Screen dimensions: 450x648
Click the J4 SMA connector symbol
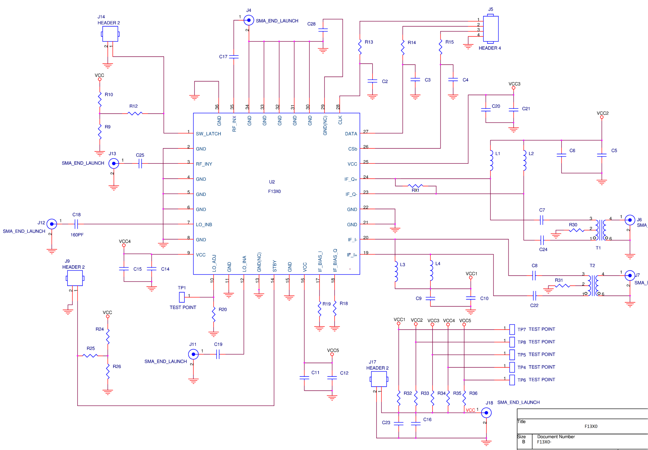click(249, 20)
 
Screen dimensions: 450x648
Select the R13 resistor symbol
click(360, 47)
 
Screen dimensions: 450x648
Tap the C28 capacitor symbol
click(323, 30)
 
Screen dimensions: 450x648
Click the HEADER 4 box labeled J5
click(490, 29)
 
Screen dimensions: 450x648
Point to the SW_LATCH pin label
click(208, 134)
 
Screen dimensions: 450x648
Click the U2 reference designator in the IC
click(272, 182)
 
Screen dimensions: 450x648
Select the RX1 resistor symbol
click(415, 186)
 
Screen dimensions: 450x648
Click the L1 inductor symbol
click(491, 160)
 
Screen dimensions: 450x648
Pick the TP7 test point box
click(512, 329)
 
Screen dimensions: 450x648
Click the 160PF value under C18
click(77, 235)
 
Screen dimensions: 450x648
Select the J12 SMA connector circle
click(52, 224)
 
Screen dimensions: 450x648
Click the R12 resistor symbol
click(135, 113)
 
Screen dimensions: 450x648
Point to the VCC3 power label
click(514, 84)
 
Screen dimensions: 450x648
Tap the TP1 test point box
click(182, 297)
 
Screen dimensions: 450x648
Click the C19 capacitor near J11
click(218, 354)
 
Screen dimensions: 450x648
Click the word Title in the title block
click(521, 421)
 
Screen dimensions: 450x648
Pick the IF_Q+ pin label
click(351, 179)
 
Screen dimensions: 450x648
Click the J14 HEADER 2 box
click(110, 34)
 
